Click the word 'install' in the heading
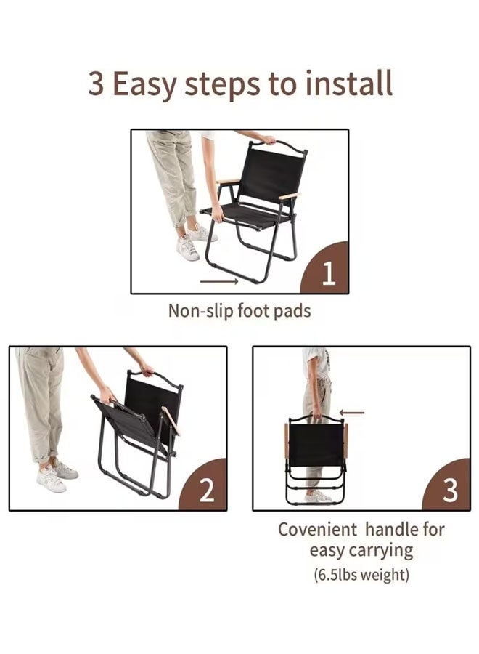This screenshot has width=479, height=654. (349, 84)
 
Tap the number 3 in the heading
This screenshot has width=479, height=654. (95, 84)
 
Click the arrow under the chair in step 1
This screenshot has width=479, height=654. (219, 281)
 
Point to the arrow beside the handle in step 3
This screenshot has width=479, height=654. (352, 413)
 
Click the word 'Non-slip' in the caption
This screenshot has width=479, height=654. (201, 311)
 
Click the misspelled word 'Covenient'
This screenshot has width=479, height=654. (317, 529)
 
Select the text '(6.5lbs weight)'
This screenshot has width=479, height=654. (361, 575)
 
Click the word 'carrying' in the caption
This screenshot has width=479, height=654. (382, 552)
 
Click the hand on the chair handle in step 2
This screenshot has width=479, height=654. (147, 369)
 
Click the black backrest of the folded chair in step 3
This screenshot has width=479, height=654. (316, 444)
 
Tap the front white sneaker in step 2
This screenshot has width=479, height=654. (51, 479)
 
